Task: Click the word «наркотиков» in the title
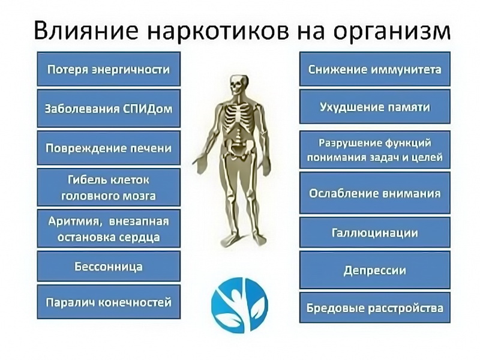[x=218, y=31]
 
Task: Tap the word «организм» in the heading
[x=392, y=32]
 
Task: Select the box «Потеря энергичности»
[x=109, y=69]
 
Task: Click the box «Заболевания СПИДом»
[x=109, y=109]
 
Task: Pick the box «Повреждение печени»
[x=109, y=148]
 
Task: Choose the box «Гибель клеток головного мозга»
[x=109, y=187]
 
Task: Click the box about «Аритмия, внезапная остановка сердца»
[x=109, y=229]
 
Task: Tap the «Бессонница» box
[x=109, y=266]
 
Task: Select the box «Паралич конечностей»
[x=109, y=302]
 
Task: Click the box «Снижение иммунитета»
[x=374, y=69]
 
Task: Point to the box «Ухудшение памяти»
[x=374, y=107]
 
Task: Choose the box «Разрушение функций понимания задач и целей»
[x=374, y=149]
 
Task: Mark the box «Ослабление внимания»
[x=374, y=193]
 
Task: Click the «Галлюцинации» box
[x=374, y=232]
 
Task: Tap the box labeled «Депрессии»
[x=374, y=270]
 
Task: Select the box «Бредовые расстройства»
[x=374, y=308]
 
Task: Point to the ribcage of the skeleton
[x=236, y=117]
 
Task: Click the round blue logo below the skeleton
[x=239, y=305]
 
